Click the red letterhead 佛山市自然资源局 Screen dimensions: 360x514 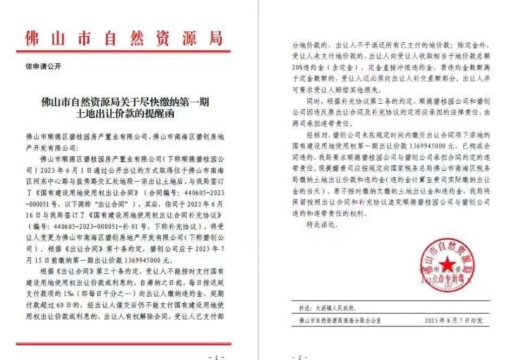tap(123, 38)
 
